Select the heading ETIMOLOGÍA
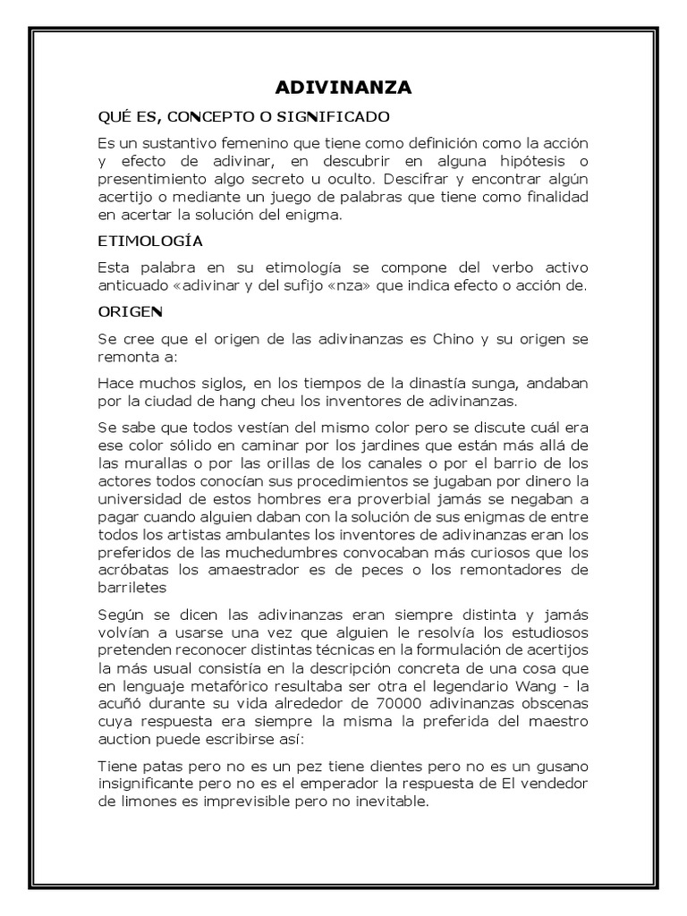click(150, 241)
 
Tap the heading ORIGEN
click(131, 312)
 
